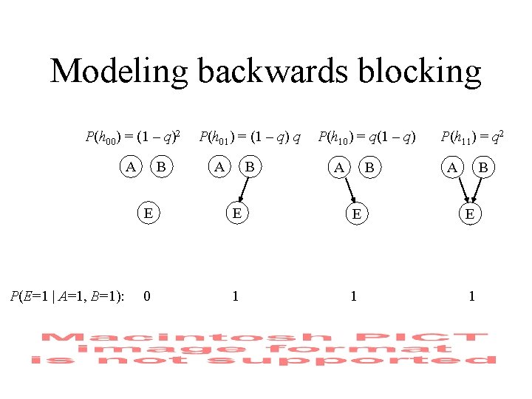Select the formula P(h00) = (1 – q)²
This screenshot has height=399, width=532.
133,137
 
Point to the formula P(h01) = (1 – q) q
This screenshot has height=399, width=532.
250,137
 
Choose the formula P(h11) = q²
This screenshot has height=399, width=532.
473,137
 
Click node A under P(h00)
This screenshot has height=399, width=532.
131,168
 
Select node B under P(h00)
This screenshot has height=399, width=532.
160,168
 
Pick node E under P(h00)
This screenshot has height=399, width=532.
149,214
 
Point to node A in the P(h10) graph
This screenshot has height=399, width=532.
339,168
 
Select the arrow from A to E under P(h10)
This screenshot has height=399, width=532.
348,191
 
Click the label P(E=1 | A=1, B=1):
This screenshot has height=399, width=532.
66,296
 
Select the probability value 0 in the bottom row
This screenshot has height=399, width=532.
148,296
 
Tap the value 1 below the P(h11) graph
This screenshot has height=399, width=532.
471,296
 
